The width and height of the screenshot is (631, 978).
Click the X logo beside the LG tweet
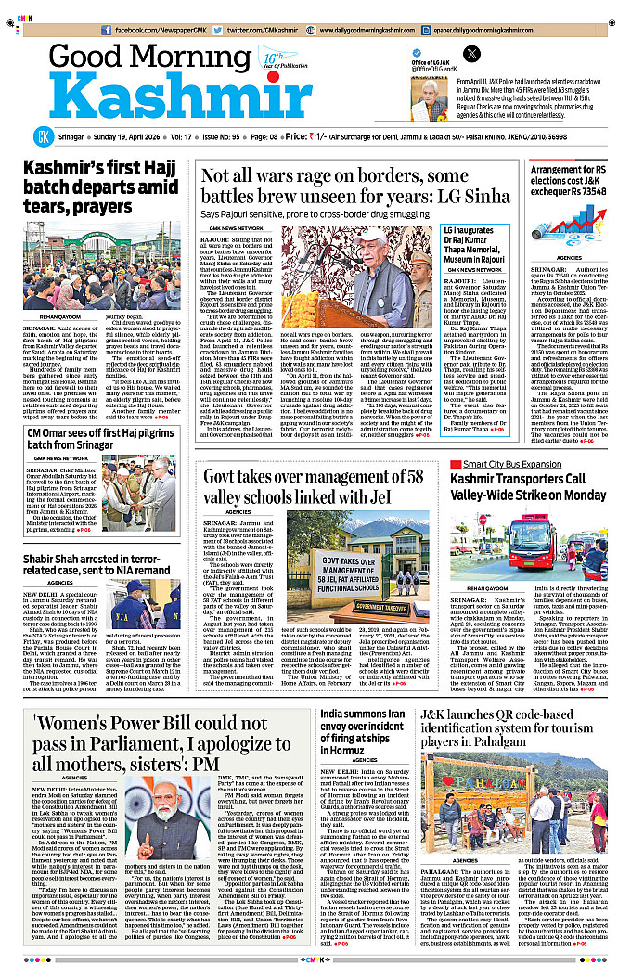pos(470,55)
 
